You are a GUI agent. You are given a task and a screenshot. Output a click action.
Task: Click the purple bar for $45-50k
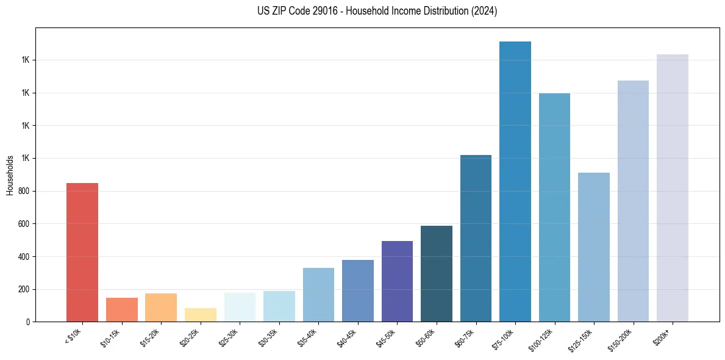397,281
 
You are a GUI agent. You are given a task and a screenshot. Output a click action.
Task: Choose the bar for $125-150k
594,247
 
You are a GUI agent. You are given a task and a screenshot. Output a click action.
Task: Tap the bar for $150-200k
633,201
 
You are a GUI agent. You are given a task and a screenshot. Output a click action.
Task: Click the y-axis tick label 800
23,191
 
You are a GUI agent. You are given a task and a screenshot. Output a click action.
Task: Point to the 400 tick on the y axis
23,257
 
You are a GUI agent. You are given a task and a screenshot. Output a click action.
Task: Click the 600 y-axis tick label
23,224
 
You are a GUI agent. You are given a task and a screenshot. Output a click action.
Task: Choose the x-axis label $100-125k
543,339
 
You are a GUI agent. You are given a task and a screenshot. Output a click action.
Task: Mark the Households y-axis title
10,175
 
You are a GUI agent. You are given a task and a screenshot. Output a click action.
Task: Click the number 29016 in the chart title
325,11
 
